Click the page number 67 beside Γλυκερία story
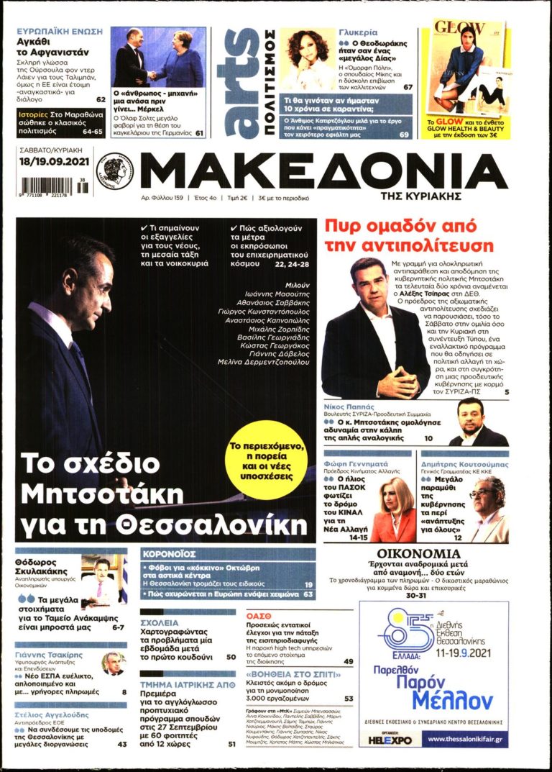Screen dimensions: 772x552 click(408, 87)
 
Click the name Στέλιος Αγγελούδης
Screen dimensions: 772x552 click(52, 715)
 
